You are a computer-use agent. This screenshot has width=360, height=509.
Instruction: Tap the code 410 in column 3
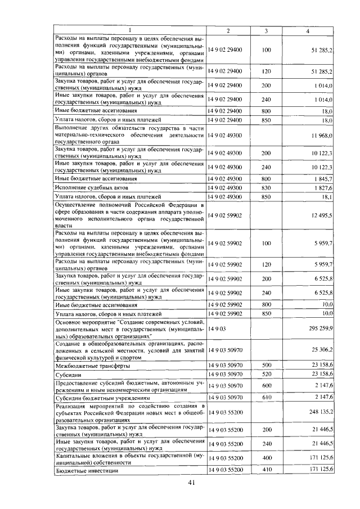(x=266, y=469)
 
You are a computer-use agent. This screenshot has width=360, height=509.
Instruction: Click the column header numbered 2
(x=228, y=30)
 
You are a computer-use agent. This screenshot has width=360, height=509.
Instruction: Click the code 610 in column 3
(x=266, y=397)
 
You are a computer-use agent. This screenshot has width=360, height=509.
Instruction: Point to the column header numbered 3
(x=266, y=30)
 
